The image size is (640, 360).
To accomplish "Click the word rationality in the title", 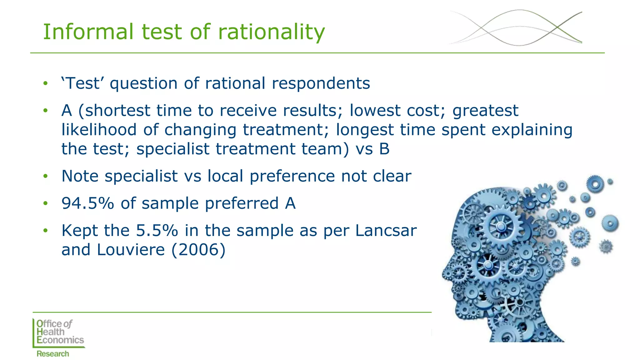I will [271, 32].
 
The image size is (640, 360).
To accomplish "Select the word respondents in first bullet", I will [321, 84].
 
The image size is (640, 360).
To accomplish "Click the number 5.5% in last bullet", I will [157, 231].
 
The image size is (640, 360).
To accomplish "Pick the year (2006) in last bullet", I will [198, 250].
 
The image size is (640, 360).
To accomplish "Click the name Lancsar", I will [386, 231].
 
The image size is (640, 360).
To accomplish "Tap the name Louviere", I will [131, 250].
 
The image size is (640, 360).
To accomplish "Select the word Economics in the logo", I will [60, 340].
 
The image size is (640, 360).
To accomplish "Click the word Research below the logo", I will [52, 354].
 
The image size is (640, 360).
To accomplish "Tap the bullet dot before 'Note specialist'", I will [46, 176].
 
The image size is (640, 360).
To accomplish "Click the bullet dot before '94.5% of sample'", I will [46, 203].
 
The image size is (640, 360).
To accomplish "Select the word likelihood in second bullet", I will [99, 130].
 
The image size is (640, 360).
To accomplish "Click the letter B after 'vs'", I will [384, 149].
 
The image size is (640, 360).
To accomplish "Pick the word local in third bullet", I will [225, 176].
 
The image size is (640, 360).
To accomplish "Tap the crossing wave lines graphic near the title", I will [516, 27].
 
